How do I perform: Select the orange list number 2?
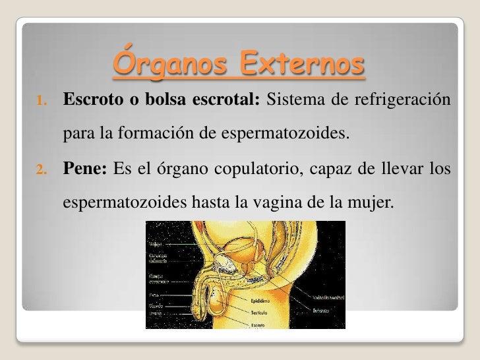pyautogui.click(x=41, y=173)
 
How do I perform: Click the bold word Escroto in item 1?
pyautogui.click(x=89, y=101)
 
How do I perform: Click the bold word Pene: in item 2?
pyautogui.click(x=86, y=172)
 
